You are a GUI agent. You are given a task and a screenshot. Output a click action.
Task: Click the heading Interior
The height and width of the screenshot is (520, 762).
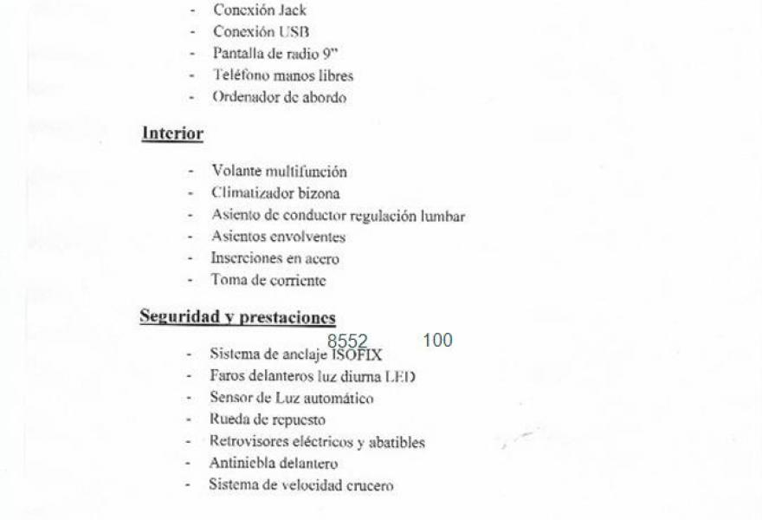click(x=171, y=133)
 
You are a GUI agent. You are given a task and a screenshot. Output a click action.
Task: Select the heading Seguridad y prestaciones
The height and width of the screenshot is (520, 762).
click(x=237, y=316)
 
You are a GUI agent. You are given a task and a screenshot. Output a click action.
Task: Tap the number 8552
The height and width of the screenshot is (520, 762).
click(x=347, y=341)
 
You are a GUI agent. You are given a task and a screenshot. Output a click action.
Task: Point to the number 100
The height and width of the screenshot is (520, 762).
click(x=438, y=341)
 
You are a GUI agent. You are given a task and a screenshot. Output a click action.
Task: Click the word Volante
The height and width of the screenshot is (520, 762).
click(x=236, y=172)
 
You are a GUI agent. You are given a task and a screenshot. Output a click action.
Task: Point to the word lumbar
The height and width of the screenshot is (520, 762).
click(x=444, y=215)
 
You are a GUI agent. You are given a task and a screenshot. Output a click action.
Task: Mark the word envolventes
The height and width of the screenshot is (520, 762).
click(x=307, y=237)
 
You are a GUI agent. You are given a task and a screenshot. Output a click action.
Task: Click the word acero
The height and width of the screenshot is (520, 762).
click(x=321, y=258)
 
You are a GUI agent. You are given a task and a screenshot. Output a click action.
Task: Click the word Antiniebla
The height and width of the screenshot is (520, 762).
click(x=240, y=463)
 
